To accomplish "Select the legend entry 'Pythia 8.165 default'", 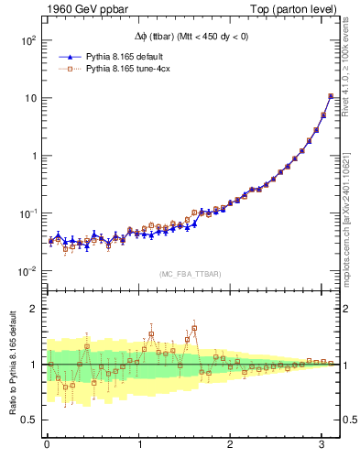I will pyautogui.click(x=134, y=57).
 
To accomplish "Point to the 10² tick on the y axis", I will pyautogui.click(x=27, y=40).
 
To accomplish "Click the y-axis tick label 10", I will pyautogui.click(x=29, y=98).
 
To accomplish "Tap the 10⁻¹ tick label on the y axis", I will pyautogui.click(x=27, y=213).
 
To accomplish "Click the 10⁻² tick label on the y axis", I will pyautogui.click(x=27, y=271).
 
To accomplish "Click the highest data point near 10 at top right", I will pyautogui.click(x=331, y=96).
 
